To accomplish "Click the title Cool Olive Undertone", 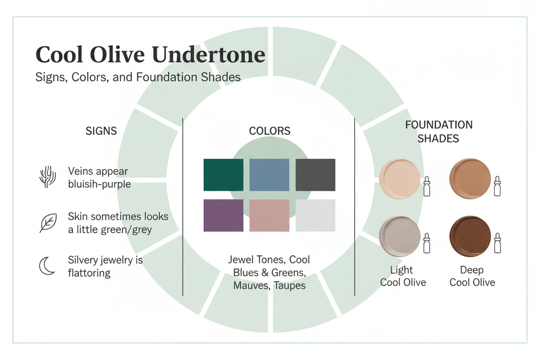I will point(150,55).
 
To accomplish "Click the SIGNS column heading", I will point(101,131).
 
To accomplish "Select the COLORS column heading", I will point(270,131).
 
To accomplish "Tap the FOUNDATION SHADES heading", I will point(438,132).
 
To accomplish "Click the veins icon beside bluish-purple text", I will point(48,177).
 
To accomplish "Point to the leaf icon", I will point(48,223).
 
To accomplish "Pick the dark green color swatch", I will point(223,175).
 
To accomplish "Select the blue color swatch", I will point(269,175).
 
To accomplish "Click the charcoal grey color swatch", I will point(315,175).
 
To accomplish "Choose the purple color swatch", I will point(223,215).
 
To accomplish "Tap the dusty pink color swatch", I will point(269,215).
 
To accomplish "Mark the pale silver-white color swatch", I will point(315,215).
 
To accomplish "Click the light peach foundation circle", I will point(399,178).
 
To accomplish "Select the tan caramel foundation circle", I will point(470,178).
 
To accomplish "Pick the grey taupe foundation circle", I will point(399,236).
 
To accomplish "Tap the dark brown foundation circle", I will point(470,236).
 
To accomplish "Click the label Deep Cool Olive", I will point(472,276).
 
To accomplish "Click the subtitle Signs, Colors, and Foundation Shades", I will point(138,77).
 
